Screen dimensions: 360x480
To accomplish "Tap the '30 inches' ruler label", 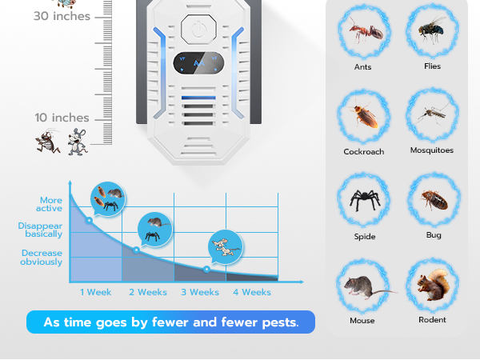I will (x=62, y=15).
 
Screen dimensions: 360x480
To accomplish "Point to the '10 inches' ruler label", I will (x=62, y=118).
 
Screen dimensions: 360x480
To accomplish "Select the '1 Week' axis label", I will (x=96, y=292).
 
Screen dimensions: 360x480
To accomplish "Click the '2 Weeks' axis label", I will (x=148, y=292).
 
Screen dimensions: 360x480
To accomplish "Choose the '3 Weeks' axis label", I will (x=199, y=292).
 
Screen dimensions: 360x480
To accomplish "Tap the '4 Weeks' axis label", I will (x=251, y=292).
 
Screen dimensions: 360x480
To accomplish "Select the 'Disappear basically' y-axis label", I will (x=40, y=230).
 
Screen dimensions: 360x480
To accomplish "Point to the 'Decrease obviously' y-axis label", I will (x=42, y=257).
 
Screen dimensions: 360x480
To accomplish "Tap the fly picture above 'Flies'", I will (x=432, y=30).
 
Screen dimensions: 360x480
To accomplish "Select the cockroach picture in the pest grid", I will (x=363, y=116).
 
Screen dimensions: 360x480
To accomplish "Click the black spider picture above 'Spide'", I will (x=363, y=202).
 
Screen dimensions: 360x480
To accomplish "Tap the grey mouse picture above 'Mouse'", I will (x=363, y=286).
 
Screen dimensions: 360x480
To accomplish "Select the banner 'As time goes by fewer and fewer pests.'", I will (x=170, y=322).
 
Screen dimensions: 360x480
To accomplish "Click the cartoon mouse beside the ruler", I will (x=77, y=140).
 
